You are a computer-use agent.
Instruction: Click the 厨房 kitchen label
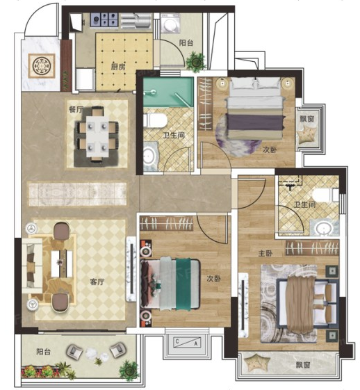pos(118,67)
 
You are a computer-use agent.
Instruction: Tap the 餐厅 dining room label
pos(76,110)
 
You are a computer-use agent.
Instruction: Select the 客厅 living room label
pos(97,282)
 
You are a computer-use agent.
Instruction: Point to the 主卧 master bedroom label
pos(265,254)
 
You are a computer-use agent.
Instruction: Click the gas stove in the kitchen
pos(104,19)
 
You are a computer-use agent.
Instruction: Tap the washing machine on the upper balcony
pos(170,23)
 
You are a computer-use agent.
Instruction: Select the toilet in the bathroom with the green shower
pos(155,120)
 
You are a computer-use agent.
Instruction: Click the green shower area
pos(168,92)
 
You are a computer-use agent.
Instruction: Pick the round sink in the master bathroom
pos(323,227)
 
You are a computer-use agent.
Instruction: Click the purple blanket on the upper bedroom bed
pos(255,122)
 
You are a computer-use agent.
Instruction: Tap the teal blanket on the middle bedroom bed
pos(183,284)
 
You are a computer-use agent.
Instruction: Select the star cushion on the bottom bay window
pos(254,363)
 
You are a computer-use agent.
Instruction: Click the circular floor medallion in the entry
pos(42,65)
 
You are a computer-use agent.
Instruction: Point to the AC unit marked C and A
pos(187,342)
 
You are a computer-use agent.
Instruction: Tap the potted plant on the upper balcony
pos(196,62)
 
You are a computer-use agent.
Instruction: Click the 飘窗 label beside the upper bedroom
pos(307,119)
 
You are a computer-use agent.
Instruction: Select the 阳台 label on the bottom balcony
pos(44,352)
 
